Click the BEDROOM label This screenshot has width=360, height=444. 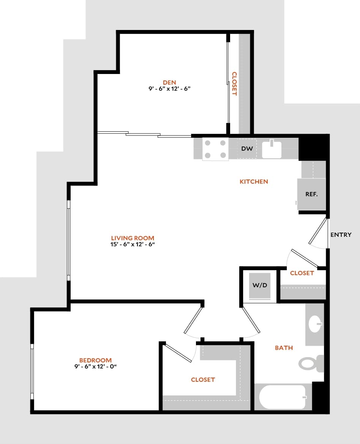coord(95,360)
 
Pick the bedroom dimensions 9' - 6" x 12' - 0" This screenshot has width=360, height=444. coord(95,367)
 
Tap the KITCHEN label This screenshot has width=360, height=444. coord(254,182)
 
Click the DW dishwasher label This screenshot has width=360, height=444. coord(247,149)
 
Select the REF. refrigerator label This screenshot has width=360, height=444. coord(311,194)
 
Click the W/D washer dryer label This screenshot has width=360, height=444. coord(260,285)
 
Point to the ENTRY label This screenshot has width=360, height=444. coord(341,235)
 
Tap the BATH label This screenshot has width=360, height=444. coord(284,348)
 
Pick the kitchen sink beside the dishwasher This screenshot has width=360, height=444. coord(272,149)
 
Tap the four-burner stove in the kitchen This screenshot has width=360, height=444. coord(215,149)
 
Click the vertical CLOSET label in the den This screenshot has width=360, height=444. coord(234,84)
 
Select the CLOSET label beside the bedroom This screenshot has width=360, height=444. coord(203,379)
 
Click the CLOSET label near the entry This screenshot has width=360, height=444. coord(302,273)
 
